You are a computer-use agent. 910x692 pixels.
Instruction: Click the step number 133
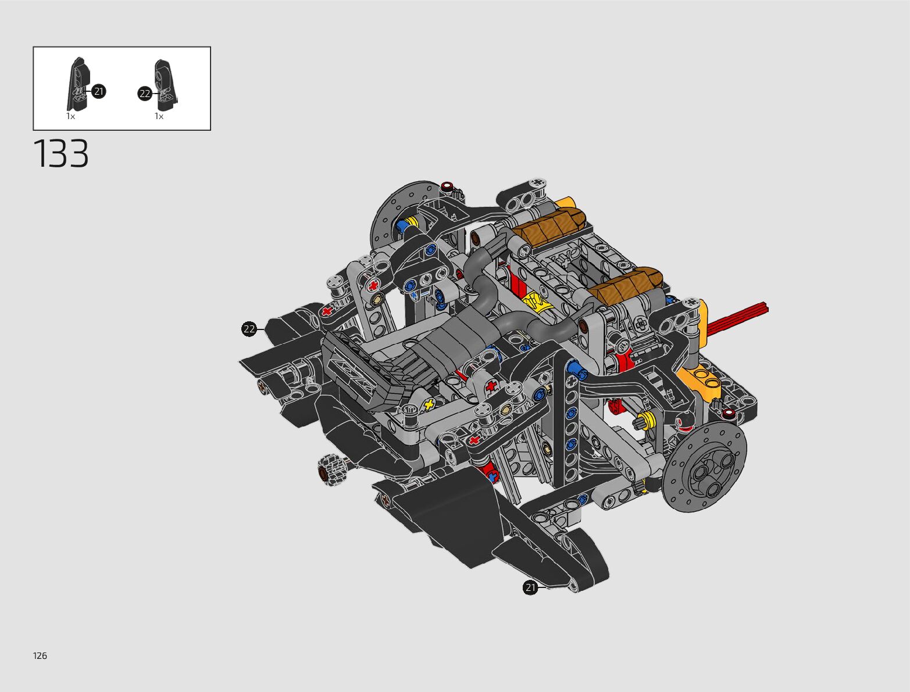[x=61, y=153]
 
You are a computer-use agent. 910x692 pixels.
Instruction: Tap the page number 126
[x=40, y=655]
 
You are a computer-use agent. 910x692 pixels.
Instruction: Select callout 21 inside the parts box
[x=98, y=91]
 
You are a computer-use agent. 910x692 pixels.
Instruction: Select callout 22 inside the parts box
[x=145, y=94]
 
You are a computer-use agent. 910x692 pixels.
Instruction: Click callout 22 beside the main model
[x=249, y=329]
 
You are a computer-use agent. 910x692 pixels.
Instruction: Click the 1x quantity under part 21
[x=70, y=116]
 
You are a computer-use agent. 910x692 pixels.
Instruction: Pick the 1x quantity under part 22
[x=159, y=116]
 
